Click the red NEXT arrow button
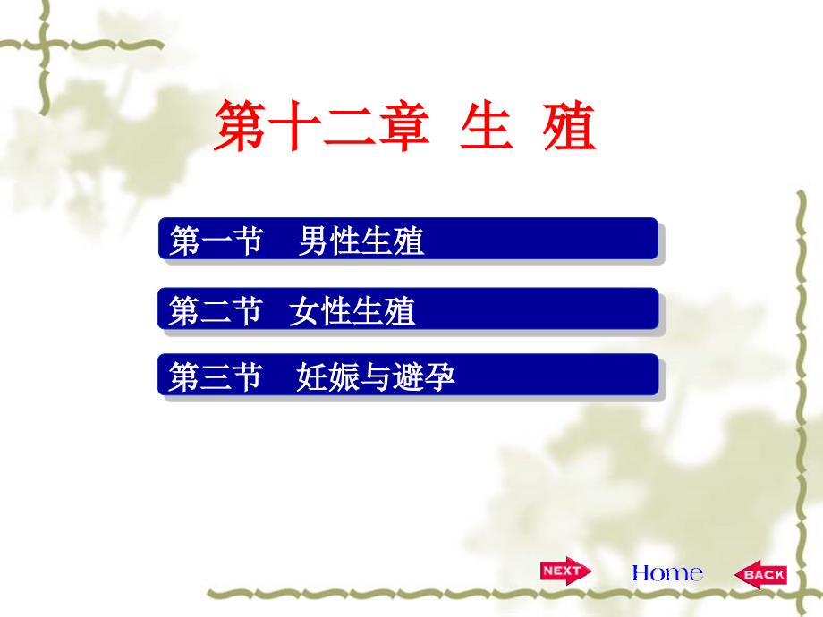[x=564, y=571]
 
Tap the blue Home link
[x=666, y=573]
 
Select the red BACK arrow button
[x=760, y=575]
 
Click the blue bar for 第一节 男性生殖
[x=408, y=240]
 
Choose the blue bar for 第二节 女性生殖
[x=408, y=309]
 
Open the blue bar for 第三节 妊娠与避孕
[x=408, y=376]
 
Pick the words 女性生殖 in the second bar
[x=352, y=311]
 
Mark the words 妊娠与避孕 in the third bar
[x=376, y=377]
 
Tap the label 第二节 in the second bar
[x=216, y=311]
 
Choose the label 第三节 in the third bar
[x=216, y=377]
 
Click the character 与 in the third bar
[x=376, y=377]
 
